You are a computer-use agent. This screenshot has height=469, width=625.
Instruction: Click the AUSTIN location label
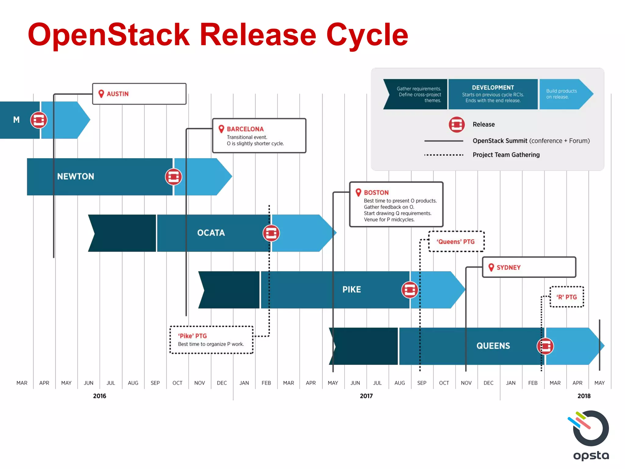117,94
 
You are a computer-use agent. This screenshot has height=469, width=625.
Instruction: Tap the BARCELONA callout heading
245,129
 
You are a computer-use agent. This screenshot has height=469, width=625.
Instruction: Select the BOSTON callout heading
376,192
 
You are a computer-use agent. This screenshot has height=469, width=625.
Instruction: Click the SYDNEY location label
508,267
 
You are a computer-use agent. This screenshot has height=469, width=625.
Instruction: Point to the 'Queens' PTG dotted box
456,242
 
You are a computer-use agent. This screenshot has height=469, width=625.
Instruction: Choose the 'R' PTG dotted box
567,297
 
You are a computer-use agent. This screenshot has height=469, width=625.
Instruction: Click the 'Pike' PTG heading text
192,336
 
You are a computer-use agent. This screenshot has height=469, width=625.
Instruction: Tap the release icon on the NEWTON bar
173,177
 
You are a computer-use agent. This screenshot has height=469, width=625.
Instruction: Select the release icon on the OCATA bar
271,233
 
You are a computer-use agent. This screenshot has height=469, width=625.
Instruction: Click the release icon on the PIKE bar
410,290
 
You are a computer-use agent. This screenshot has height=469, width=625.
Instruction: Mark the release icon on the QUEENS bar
545,346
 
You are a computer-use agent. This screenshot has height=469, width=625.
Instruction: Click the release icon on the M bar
39,120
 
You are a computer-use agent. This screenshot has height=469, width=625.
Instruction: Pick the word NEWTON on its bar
75,176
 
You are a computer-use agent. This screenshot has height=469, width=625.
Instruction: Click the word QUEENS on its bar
493,346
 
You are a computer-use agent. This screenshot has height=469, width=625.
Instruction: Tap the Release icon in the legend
457,125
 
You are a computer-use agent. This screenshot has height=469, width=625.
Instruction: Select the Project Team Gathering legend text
506,155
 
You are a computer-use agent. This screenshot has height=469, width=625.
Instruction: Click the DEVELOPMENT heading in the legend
493,88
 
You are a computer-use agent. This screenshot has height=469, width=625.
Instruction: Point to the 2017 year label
366,396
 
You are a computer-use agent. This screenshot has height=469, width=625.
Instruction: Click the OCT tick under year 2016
177,383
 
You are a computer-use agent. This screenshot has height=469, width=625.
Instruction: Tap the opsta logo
591,435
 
